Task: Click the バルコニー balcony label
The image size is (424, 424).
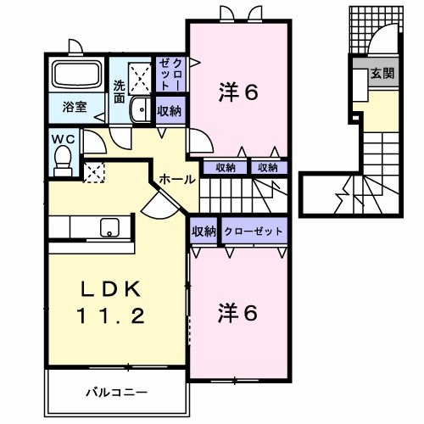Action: click(117, 393)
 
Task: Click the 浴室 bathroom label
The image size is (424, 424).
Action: click(74, 107)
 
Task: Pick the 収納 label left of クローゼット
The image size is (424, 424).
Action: click(204, 232)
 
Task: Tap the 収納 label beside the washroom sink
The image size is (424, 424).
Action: click(168, 111)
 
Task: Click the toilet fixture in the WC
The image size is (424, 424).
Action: click(63, 159)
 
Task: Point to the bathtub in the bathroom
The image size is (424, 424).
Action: click(76, 76)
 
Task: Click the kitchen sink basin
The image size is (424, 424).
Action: click(109, 227)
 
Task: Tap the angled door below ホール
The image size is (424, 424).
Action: click(159, 204)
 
